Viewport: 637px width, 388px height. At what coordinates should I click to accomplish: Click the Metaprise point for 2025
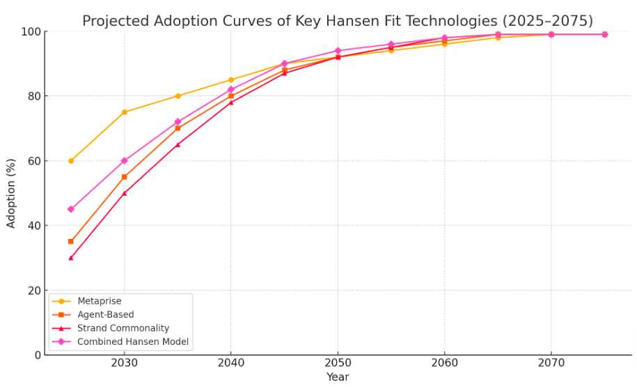point(71,161)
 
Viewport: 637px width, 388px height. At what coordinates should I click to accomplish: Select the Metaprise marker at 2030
point(125,112)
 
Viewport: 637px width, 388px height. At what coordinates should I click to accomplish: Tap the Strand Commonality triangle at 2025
point(71,258)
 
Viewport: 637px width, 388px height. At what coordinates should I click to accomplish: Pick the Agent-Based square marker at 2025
point(71,242)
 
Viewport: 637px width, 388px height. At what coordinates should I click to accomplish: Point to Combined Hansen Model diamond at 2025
point(71,209)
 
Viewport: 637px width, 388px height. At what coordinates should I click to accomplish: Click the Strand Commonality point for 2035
point(178,145)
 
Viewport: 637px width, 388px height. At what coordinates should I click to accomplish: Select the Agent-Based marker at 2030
point(125,177)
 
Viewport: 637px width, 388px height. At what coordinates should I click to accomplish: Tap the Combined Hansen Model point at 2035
point(178,122)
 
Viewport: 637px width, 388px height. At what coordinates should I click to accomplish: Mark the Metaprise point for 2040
point(231,80)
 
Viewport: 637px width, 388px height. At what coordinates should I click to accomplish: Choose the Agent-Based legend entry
point(105,315)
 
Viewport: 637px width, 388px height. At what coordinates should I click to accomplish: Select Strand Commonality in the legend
point(123,328)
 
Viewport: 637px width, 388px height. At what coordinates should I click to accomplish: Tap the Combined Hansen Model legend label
point(132,342)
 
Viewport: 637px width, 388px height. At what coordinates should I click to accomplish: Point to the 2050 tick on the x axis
point(338,363)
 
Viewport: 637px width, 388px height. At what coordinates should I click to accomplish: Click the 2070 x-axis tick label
point(551,363)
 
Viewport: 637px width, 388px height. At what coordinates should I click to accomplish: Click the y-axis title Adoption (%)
point(11,193)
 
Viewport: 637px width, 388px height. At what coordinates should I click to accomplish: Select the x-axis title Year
point(338,378)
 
